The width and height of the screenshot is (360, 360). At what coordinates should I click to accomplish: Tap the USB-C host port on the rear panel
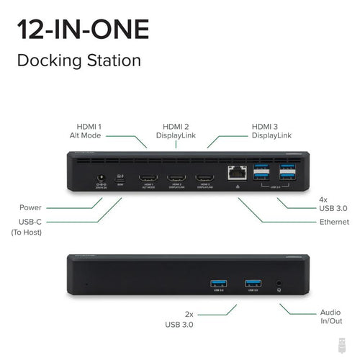[120, 176]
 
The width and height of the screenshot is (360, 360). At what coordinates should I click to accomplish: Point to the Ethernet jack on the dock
[235, 174]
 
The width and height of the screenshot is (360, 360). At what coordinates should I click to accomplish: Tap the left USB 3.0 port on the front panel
[217, 282]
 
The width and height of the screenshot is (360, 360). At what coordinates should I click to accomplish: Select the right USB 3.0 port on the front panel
[252, 282]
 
